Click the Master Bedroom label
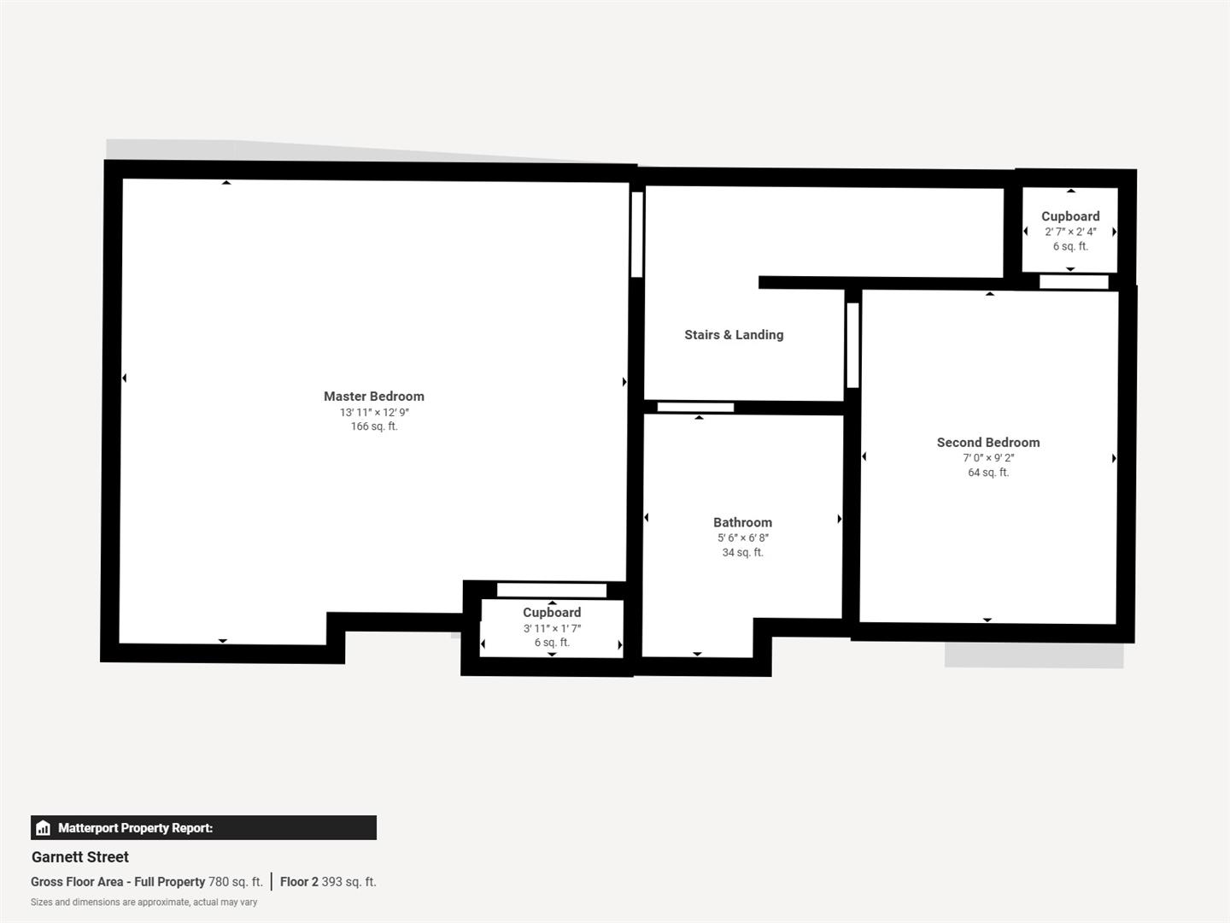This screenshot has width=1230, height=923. [x=373, y=397]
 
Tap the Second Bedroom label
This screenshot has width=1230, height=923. [x=987, y=443]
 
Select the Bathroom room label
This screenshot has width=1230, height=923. [x=742, y=522]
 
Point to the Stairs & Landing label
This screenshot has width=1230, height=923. [x=733, y=335]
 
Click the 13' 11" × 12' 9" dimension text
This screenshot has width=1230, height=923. [x=373, y=412]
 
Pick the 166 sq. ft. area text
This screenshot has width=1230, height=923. [x=373, y=426]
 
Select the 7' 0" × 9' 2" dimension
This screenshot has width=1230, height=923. [x=987, y=458]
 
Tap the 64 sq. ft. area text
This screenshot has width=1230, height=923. [x=987, y=473]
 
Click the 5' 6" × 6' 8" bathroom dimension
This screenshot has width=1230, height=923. [x=742, y=538]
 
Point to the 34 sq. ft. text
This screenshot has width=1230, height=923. [x=742, y=553]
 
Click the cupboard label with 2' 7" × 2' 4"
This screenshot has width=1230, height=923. [x=1069, y=217]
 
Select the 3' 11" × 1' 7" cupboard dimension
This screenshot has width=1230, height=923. [x=552, y=628]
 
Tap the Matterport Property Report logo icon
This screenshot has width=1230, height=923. [x=44, y=828]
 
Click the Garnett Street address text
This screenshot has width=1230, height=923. [x=80, y=857]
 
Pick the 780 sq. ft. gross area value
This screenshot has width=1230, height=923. [x=235, y=882]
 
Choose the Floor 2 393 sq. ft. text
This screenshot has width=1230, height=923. [x=328, y=882]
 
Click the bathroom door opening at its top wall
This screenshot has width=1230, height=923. [x=695, y=408]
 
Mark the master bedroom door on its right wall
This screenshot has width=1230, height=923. [x=636, y=234]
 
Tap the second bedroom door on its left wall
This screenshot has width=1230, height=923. [x=852, y=345]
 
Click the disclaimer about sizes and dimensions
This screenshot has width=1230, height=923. [x=143, y=902]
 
